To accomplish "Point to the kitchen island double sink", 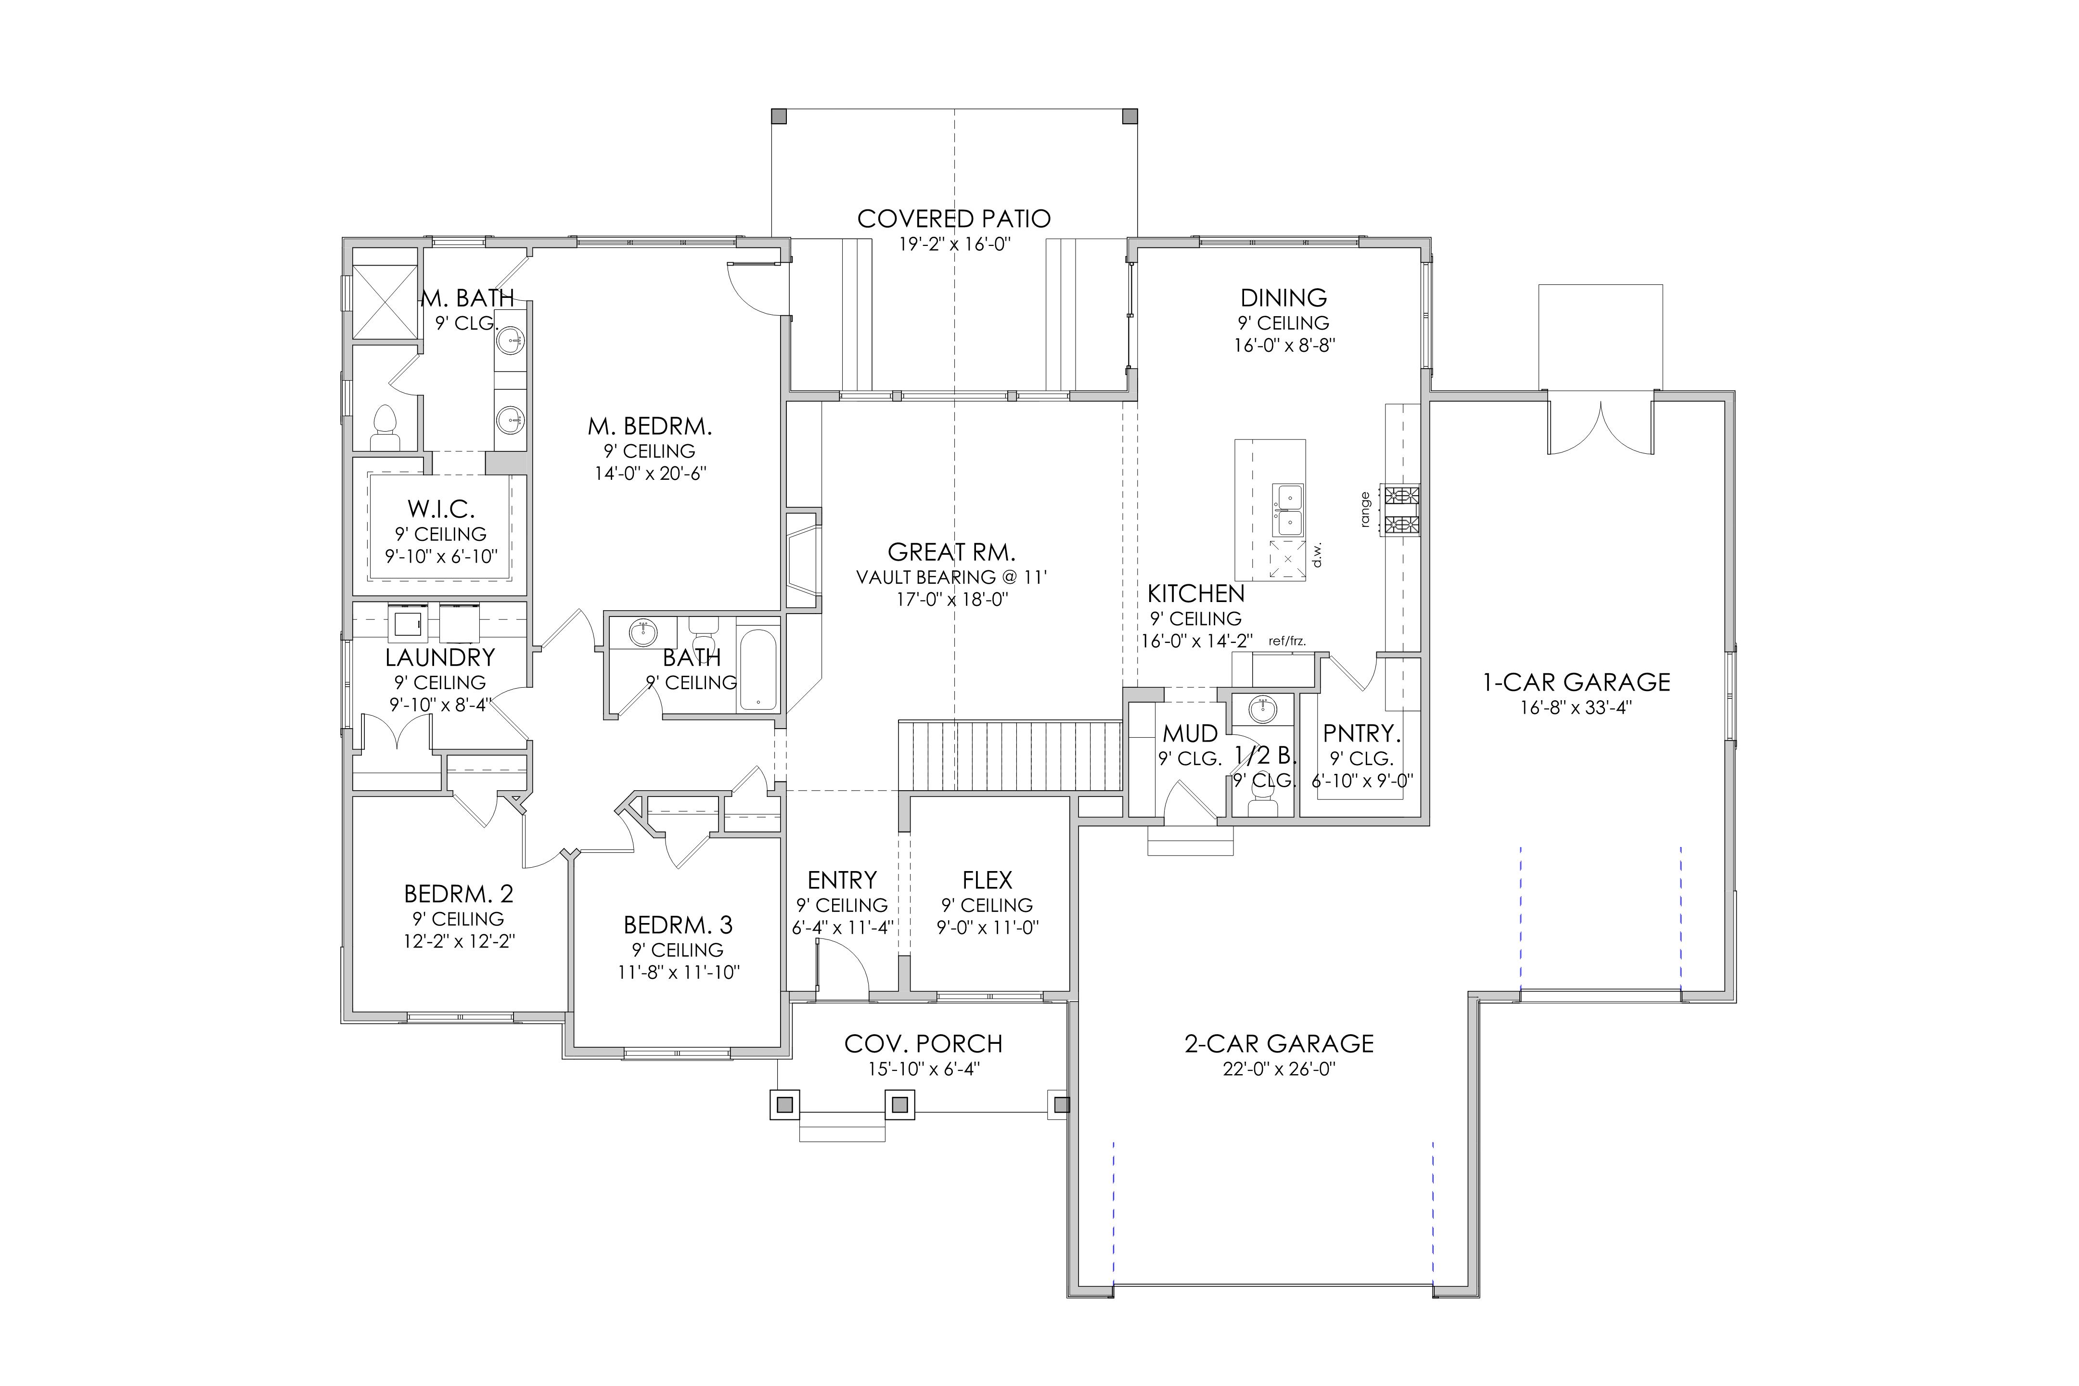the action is pyautogui.click(x=1288, y=510).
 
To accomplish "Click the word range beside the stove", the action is pyautogui.click(x=1366, y=510).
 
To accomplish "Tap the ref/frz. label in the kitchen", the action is pyautogui.click(x=1287, y=641).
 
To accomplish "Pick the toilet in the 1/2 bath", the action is pyautogui.click(x=1262, y=799).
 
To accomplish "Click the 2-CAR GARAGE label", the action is pyautogui.click(x=1279, y=1044).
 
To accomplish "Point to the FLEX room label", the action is pyautogui.click(x=988, y=880).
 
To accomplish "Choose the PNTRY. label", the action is pyautogui.click(x=1361, y=733).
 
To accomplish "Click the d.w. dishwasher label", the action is pyautogui.click(x=1316, y=554).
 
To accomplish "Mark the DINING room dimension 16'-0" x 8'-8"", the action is pyautogui.click(x=1284, y=346).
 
